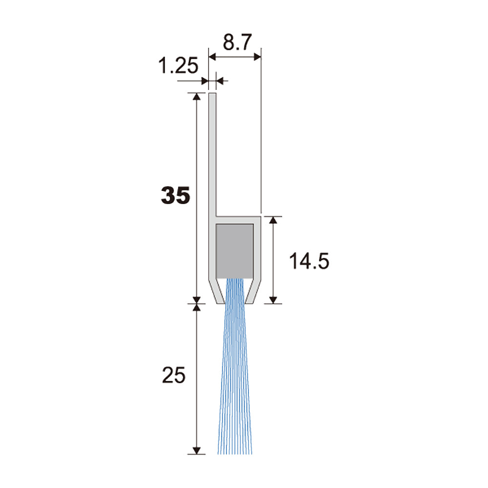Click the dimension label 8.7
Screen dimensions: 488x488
click(x=237, y=42)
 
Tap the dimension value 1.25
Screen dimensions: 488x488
click(x=178, y=66)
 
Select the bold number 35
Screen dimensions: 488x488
click(x=175, y=196)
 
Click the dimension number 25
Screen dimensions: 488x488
click(x=174, y=375)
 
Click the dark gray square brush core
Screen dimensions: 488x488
click(x=234, y=251)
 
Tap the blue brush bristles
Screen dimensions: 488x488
click(x=235, y=366)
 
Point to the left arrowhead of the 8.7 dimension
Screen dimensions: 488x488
click(x=212, y=57)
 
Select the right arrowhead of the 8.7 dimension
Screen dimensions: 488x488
click(x=257, y=57)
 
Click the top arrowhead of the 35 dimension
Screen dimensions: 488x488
click(x=196, y=97)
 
